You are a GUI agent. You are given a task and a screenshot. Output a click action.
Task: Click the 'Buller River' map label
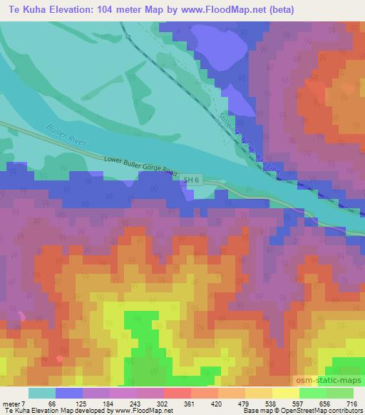tap(67, 135)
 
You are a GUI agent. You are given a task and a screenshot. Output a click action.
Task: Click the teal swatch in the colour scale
tap(42, 393)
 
